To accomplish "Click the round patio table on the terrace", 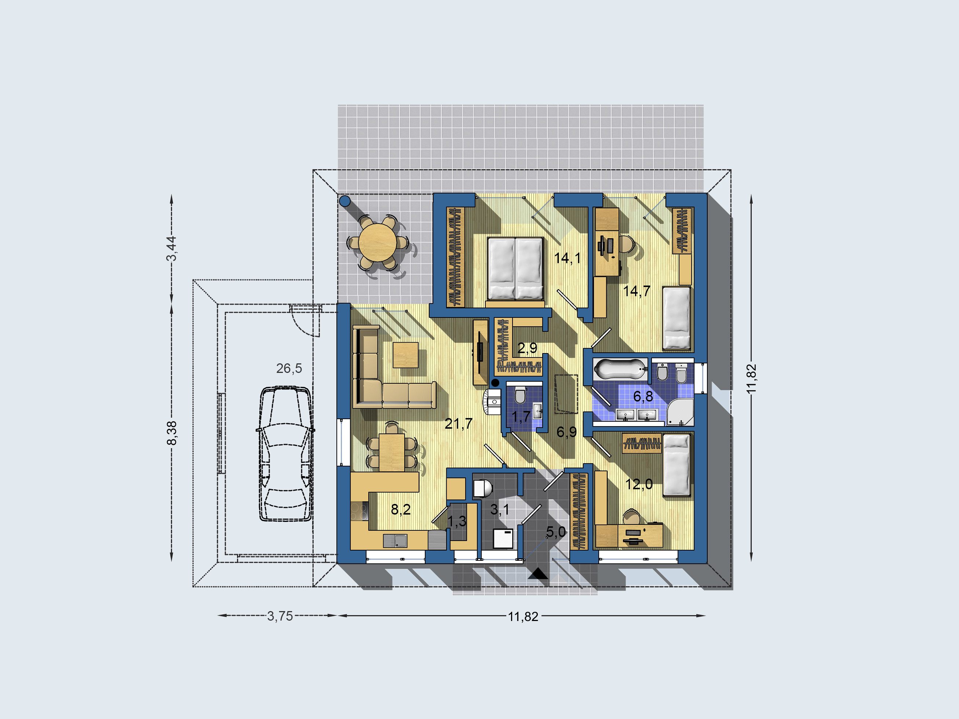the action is coord(377,242).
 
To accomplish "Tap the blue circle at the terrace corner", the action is coord(344,201).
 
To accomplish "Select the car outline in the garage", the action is coord(286,454).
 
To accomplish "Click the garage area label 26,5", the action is coord(289,368).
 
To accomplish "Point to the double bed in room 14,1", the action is coord(515,268).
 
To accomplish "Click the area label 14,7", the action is coord(637,291).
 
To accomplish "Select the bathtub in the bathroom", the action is coord(620,369).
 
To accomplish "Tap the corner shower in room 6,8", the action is coord(679,411).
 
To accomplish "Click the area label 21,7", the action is coord(458,423).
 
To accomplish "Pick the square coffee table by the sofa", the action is coord(405,355).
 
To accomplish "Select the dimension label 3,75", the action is coord(280,616).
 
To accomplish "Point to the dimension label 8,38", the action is coord(172,433).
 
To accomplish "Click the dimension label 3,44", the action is coord(172,248).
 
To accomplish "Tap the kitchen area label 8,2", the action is coord(401,509).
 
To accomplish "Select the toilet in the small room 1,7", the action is coord(520,395).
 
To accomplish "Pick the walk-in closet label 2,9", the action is coord(527,347).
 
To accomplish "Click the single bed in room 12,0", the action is coord(677,465).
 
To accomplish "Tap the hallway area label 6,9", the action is coord(567,432).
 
